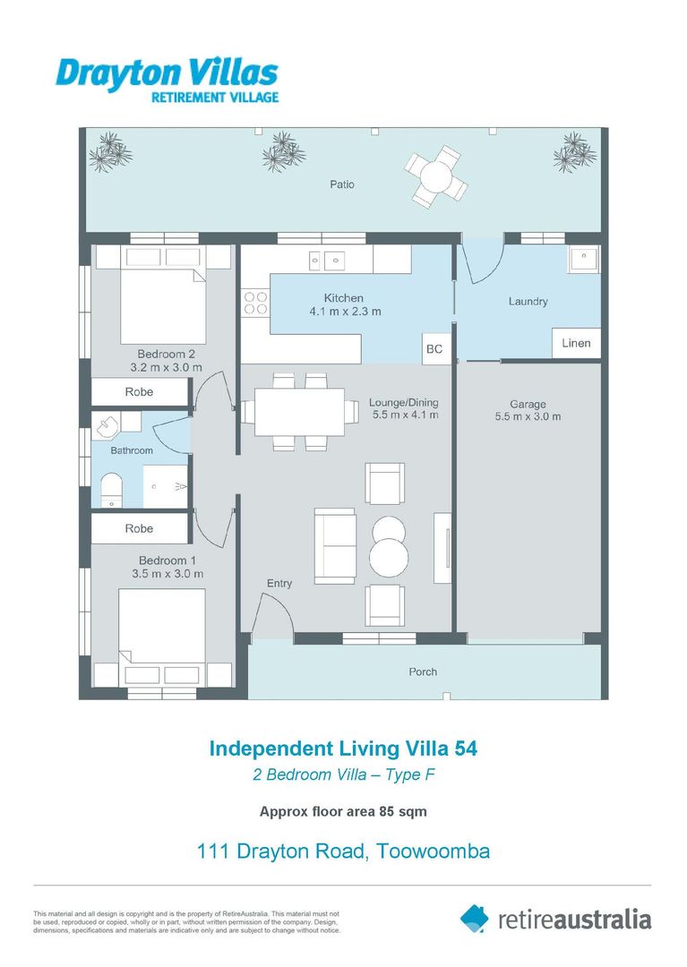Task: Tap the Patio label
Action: (342, 184)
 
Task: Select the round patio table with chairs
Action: (435, 175)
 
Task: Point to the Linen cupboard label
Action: (576, 344)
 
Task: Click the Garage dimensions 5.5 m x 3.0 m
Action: (528, 416)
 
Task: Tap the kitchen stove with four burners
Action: (255, 303)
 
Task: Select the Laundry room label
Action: (528, 302)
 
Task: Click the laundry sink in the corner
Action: (583, 261)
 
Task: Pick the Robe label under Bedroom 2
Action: (139, 392)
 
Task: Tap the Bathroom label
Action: (132, 450)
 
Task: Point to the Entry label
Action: (279, 584)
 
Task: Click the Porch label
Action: (423, 672)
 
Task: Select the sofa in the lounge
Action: (333, 544)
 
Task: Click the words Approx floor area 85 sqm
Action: (343, 813)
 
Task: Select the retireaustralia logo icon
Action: (475, 918)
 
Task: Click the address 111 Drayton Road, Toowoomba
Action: (343, 851)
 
